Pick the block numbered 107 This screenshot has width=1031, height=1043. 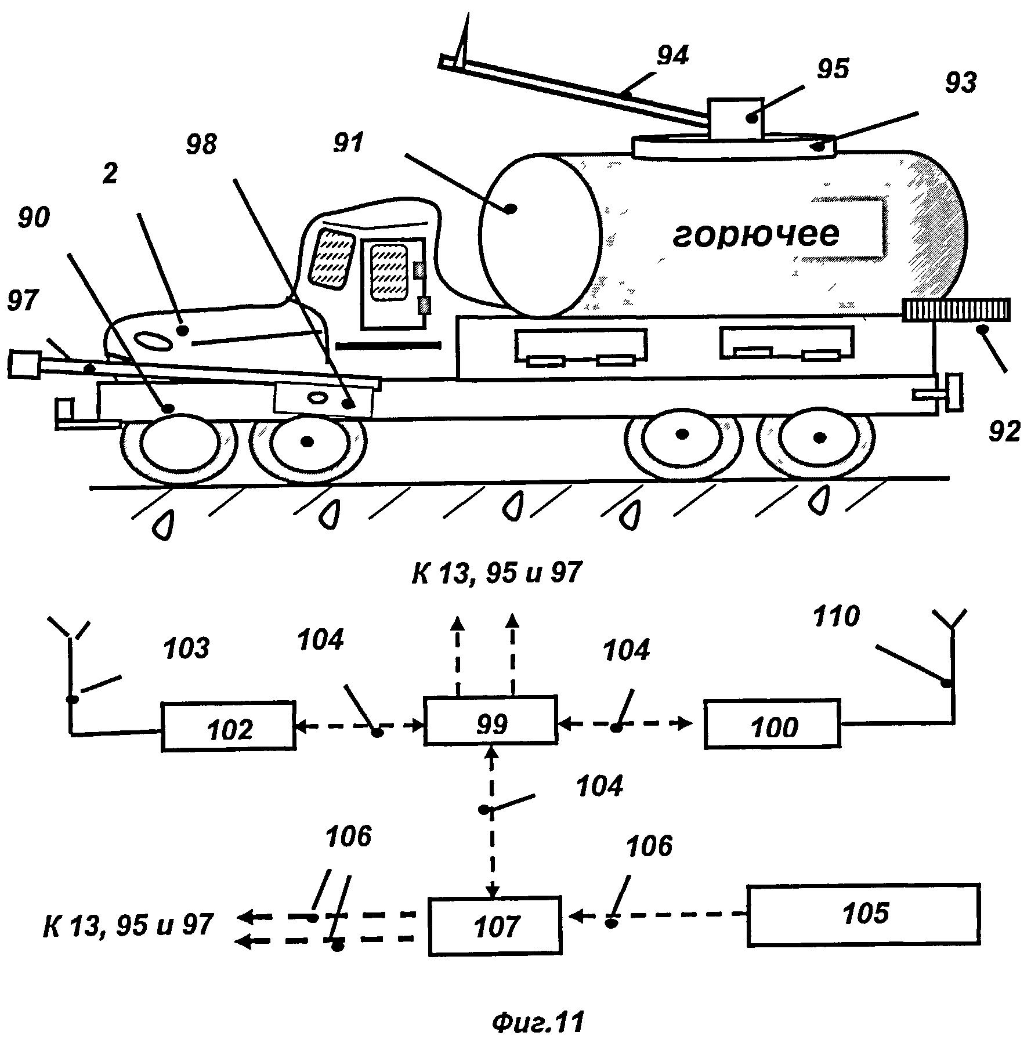pyautogui.click(x=495, y=925)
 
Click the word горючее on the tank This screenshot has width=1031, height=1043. pyautogui.click(x=756, y=234)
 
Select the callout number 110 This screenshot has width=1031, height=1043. pyautogui.click(x=835, y=617)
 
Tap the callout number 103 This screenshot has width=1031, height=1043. pyautogui.click(x=187, y=649)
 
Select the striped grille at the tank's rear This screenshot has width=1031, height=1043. pyautogui.click(x=956, y=310)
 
